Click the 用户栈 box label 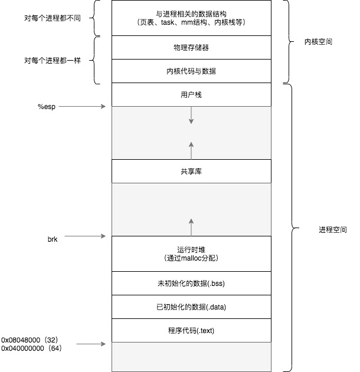point(191,94)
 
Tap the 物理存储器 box point(191,48)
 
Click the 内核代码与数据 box point(191,71)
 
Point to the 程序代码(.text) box point(191,330)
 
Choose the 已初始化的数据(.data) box point(191,307)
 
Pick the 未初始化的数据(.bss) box point(191,284)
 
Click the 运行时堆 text point(191,249)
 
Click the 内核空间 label point(318,42)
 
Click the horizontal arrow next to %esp point(83,107)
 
